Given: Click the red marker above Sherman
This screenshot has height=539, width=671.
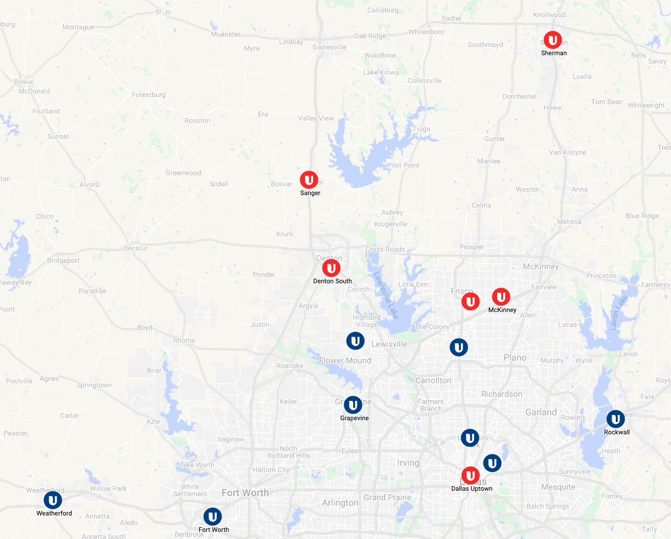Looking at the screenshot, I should click(552, 40).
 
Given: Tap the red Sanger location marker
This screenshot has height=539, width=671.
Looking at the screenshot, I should click(309, 180).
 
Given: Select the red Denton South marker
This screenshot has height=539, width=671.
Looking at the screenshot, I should click(331, 268).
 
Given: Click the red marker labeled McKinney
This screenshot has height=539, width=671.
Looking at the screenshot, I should click(501, 297).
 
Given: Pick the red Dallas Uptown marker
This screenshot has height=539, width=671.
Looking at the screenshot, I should click(470, 476).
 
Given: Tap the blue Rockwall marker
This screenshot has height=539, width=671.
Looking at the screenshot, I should click(615, 419).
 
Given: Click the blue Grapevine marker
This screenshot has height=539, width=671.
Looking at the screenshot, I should click(353, 405).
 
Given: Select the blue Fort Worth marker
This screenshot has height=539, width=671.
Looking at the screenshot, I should click(212, 517).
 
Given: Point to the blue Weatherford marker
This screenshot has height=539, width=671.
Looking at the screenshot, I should click(53, 500).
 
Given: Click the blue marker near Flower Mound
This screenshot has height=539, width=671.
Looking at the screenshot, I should click(355, 341).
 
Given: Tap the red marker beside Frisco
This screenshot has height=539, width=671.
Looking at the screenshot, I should click(470, 302).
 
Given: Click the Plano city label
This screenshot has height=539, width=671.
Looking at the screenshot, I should click(515, 357).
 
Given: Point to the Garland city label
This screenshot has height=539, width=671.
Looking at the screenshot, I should click(541, 412).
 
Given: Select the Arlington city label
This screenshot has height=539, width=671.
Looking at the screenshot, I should click(340, 503).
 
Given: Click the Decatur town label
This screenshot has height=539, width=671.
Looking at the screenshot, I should click(135, 248).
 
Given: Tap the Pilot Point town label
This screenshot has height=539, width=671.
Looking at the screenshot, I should click(403, 165).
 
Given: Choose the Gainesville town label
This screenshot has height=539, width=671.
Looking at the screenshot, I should click(330, 47).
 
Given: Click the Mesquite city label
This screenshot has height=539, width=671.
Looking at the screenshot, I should click(558, 487).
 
